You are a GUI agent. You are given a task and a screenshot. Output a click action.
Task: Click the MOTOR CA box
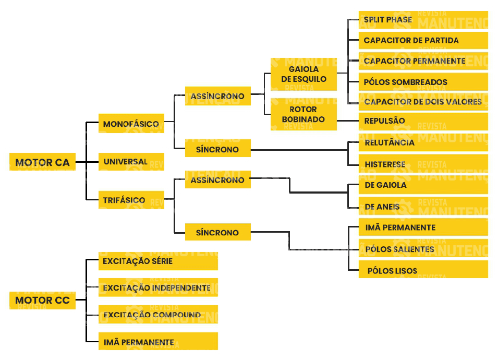pos(42,162)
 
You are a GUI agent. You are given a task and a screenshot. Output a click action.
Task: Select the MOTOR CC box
pos(42,300)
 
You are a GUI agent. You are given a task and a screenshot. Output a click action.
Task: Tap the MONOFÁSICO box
pos(131,124)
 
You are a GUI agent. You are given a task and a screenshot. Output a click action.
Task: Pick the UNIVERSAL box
pos(131,162)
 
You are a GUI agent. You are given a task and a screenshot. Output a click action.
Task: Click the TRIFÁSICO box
pos(131,200)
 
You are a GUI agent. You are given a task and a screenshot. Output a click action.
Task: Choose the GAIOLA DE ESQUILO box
pos(303,74)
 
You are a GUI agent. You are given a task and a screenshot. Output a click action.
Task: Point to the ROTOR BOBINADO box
pos(303,114)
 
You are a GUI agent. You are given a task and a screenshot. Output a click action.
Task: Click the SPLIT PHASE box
pos(423,20)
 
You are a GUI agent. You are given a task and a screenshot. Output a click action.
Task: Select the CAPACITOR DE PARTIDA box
pos(423,40)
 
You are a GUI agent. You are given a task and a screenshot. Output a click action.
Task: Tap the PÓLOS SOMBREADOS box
pos(423,82)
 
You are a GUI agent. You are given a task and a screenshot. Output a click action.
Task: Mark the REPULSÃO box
pos(423,121)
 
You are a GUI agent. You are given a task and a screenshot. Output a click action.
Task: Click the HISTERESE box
pos(423,164)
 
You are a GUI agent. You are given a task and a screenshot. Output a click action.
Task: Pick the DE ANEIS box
pos(423,207)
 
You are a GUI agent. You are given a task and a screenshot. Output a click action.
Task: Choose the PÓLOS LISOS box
pos(423,270)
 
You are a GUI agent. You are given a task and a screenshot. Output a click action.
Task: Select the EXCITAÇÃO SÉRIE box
pos(158,261)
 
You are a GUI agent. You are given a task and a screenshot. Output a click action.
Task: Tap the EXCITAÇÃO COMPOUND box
pos(158,315)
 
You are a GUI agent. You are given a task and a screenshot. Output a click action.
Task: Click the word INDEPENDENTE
pos(181,287)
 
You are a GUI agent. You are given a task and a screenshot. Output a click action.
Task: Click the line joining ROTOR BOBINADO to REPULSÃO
pos(348,121)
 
